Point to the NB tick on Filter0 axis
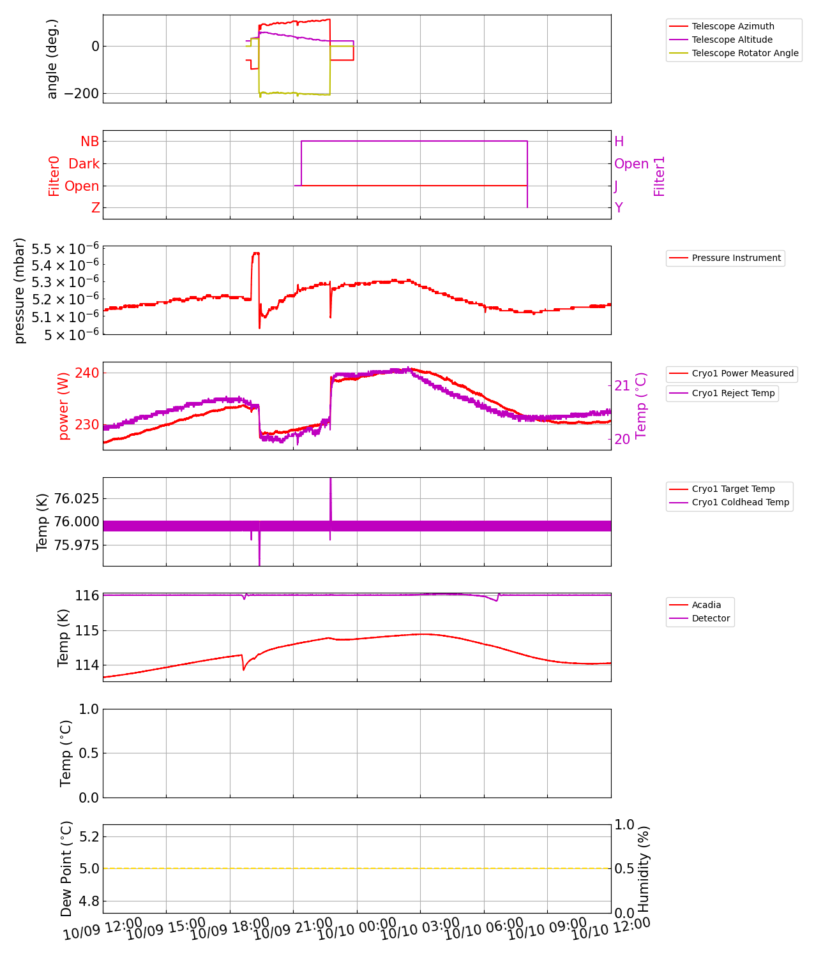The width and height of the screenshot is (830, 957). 90,142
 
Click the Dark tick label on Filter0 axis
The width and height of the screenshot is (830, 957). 84,164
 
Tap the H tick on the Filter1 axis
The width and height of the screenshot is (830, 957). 619,142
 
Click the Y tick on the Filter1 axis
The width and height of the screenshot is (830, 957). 619,208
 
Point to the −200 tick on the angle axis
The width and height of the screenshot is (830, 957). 77,94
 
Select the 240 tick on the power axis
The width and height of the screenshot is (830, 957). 87,373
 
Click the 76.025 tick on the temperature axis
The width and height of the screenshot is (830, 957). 77,498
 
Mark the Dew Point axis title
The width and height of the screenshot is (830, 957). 66,868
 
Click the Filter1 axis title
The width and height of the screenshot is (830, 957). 660,176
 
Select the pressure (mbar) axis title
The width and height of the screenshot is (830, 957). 20,290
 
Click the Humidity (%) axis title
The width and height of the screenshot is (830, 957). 644,868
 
